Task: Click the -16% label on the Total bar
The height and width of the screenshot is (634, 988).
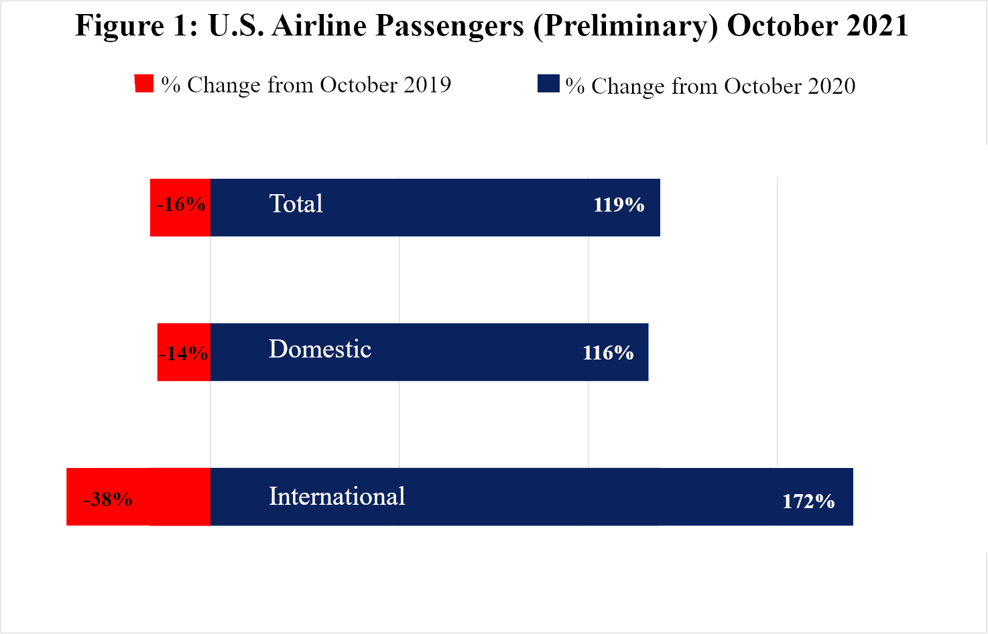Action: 180,204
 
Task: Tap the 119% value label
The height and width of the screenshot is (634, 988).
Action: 619,205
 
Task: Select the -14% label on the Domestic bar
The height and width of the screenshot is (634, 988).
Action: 184,353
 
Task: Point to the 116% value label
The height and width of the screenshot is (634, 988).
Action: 608,353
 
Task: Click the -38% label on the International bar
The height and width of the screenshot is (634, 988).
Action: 108,499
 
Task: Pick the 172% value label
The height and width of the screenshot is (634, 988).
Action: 808,501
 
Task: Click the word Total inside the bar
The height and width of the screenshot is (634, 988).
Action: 296,204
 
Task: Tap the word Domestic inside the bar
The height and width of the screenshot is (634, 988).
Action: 320,349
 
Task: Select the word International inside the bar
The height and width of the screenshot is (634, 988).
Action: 336,497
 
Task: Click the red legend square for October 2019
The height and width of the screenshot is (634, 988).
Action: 144,84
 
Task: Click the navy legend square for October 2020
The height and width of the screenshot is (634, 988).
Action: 548,84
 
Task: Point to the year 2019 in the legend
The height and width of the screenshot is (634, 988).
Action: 427,85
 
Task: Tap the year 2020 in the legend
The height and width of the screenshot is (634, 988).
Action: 831,86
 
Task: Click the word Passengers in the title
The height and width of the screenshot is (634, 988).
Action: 450,27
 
